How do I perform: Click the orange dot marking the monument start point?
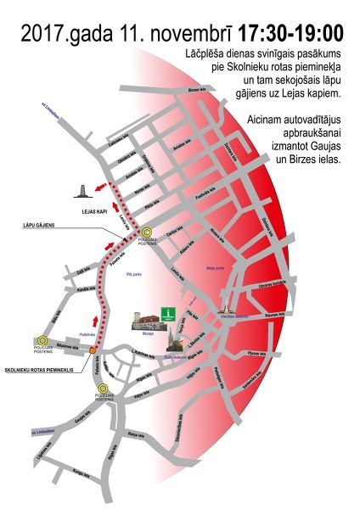tap(93, 350)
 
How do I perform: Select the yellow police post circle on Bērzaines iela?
tap(38, 339)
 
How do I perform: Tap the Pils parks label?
tap(133, 276)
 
